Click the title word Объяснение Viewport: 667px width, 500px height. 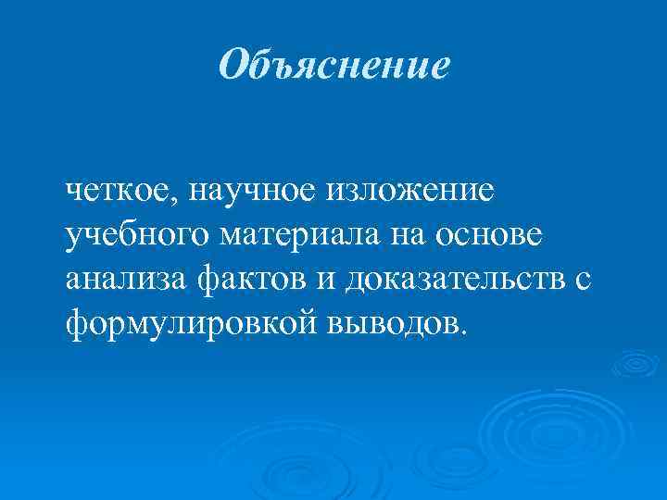coord(333,64)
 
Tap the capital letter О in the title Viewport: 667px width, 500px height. coord(235,64)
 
